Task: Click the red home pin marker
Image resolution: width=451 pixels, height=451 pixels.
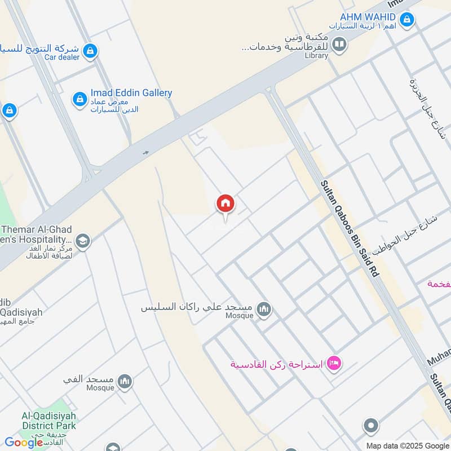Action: tap(225, 204)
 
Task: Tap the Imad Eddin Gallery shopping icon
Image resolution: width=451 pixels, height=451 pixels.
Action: tap(79, 100)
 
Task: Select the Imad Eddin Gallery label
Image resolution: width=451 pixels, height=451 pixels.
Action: tap(131, 93)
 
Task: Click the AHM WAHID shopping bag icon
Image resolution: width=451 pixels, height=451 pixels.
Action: tap(407, 21)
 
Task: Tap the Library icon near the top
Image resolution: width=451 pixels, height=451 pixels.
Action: tap(339, 44)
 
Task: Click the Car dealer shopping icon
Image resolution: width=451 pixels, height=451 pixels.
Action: tap(90, 52)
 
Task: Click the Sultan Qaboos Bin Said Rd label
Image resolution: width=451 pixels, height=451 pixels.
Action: tap(350, 228)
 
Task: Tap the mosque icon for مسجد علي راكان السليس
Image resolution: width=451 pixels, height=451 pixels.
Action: tap(263, 309)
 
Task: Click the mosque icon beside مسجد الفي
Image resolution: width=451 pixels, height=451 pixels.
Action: tap(125, 382)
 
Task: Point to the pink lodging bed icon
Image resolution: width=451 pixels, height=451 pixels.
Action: tap(334, 364)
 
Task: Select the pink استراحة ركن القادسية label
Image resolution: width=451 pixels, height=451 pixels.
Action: tap(276, 364)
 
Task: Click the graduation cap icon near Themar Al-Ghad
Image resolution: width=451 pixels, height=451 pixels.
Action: tap(83, 241)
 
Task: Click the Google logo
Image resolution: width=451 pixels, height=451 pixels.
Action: tap(24, 443)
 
